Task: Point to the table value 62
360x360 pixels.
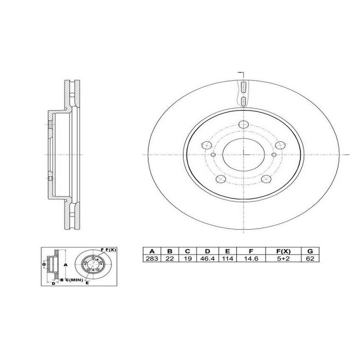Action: click(x=310, y=259)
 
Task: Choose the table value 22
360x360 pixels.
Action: click(x=169, y=259)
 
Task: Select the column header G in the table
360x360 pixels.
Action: click(x=310, y=251)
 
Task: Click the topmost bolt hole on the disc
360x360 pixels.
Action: click(x=244, y=124)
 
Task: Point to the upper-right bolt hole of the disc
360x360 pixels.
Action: click(x=279, y=145)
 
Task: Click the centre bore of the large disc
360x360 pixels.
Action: click(x=244, y=154)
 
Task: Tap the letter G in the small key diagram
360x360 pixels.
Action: click(x=44, y=264)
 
